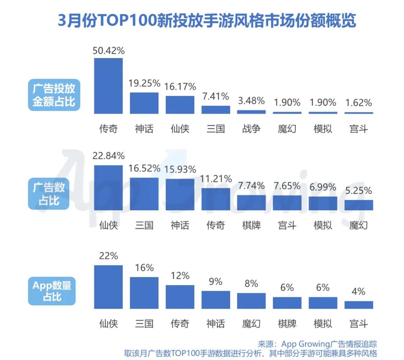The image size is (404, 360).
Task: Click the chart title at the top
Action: [x=207, y=21]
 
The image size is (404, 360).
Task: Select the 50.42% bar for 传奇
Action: [x=108, y=86]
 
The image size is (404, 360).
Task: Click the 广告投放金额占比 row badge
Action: [x=54, y=95]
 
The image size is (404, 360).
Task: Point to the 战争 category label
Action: [x=251, y=129]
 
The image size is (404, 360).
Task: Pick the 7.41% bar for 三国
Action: [x=215, y=110]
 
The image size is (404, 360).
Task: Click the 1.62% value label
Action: [x=358, y=103]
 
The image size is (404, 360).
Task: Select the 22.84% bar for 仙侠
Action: [x=108, y=187]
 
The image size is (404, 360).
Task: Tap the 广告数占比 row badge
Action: [x=49, y=193]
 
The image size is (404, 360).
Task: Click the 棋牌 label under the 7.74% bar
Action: [x=251, y=225]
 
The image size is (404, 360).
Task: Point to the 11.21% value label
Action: [x=215, y=179]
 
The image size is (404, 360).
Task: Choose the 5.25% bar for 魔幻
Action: [x=358, y=205]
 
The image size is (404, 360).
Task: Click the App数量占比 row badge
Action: [x=52, y=291]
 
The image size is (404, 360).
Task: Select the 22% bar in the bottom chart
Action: [x=108, y=287]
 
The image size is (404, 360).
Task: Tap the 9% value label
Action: [x=215, y=281]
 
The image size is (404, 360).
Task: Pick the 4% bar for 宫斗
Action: [x=358, y=305]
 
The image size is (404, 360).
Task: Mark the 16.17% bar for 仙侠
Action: [x=180, y=105]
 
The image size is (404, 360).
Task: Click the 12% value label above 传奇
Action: [x=180, y=276]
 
